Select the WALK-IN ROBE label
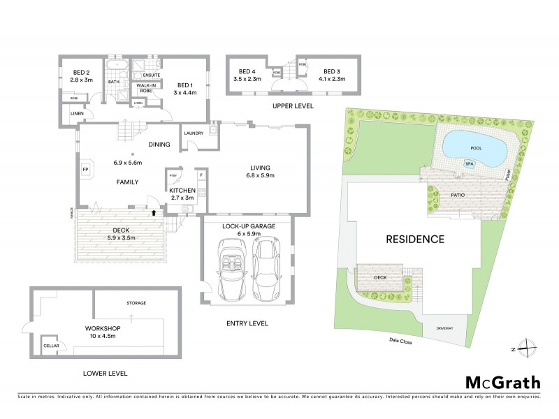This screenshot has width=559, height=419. click(145, 87)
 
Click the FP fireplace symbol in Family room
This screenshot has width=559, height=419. click(86, 170)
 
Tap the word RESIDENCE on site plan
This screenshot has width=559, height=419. click(415, 239)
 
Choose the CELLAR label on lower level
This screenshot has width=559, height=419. click(51, 346)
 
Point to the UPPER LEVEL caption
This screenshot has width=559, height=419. click(293, 106)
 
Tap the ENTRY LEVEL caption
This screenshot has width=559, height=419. click(248, 324)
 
